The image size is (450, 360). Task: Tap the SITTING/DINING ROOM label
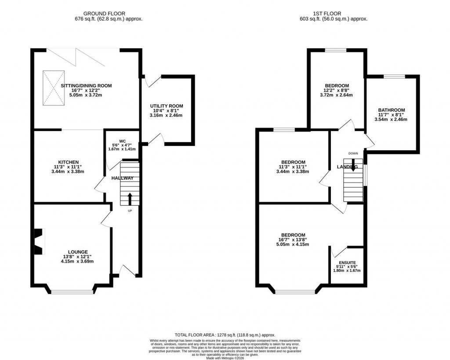(x=86, y=86)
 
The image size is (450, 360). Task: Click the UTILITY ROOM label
(x=166, y=106)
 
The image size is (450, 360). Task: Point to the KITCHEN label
(x=68, y=162)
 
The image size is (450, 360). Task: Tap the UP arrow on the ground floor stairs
(x=130, y=199)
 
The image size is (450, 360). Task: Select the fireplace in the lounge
(x=39, y=242)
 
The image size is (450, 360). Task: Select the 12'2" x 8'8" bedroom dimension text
(x=337, y=91)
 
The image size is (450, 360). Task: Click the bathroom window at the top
(x=394, y=76)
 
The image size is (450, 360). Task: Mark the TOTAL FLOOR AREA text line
(x=225, y=335)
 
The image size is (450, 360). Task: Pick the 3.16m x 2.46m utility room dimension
(x=166, y=116)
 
